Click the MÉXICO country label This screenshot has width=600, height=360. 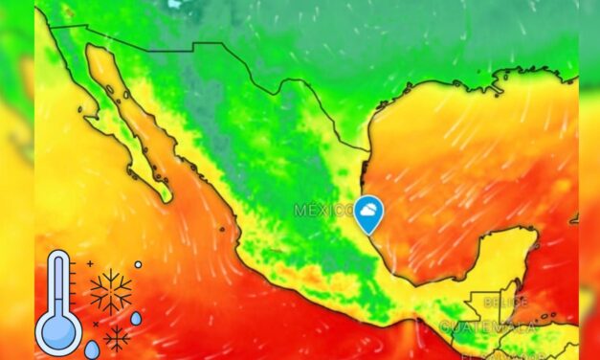click(x=322, y=210)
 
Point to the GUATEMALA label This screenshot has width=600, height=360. click(x=488, y=327)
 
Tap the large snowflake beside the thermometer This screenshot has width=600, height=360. click(x=111, y=291)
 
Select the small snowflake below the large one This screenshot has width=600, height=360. click(x=117, y=337)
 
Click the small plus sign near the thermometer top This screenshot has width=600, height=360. click(x=90, y=262)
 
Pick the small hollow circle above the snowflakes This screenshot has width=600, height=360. click(x=138, y=264)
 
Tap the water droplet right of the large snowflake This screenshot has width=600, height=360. click(x=136, y=318)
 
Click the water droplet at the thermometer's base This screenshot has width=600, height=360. click(x=92, y=349)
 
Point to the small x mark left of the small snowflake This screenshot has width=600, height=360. click(x=96, y=324)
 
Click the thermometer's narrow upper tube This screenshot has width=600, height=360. click(x=58, y=278)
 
